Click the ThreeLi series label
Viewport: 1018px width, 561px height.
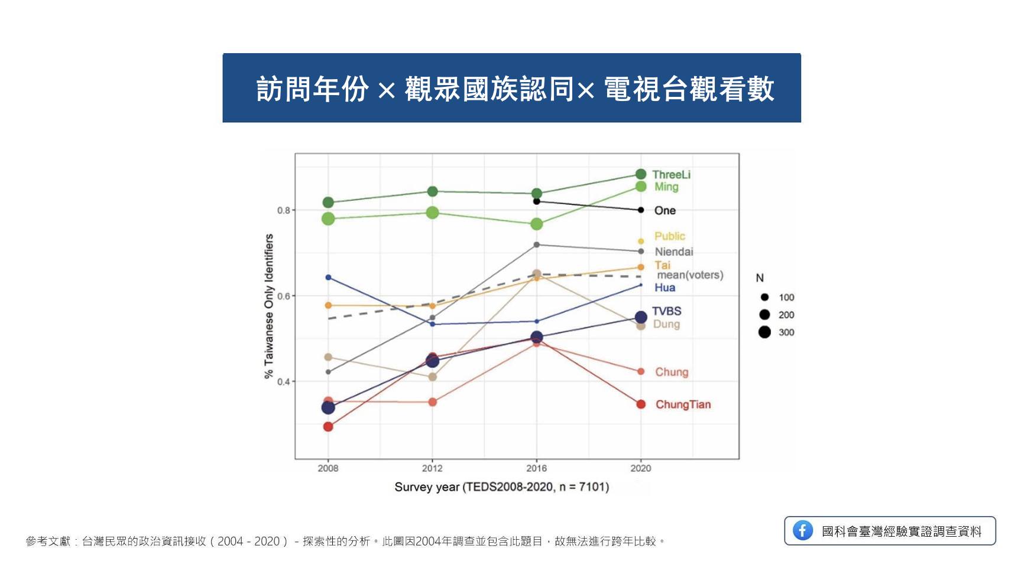pyautogui.click(x=671, y=174)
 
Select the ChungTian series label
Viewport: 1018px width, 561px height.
pyautogui.click(x=683, y=405)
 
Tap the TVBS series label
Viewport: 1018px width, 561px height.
pyautogui.click(x=666, y=311)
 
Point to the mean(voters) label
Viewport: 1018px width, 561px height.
pyautogui.click(x=690, y=275)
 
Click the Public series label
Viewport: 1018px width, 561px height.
pyautogui.click(x=669, y=236)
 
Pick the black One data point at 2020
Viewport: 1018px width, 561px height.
pyautogui.click(x=641, y=210)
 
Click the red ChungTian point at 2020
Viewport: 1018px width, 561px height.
pyautogui.click(x=641, y=405)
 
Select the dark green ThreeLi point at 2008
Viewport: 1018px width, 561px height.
pyautogui.click(x=328, y=203)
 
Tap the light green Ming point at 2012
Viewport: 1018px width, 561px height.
pyautogui.click(x=432, y=213)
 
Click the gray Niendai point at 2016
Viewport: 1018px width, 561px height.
pyautogui.click(x=537, y=244)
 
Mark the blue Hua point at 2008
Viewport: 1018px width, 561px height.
pyautogui.click(x=328, y=278)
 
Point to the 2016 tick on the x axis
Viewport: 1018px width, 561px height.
pyautogui.click(x=536, y=468)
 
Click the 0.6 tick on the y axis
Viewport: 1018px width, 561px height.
pyautogui.click(x=284, y=296)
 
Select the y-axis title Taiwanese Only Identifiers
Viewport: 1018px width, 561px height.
pyautogui.click(x=269, y=306)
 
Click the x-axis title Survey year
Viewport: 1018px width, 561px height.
pyautogui.click(x=501, y=487)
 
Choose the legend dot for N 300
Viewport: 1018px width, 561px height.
pyautogui.click(x=764, y=332)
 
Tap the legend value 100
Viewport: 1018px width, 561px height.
pyautogui.click(x=786, y=298)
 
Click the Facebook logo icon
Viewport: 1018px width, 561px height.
pyautogui.click(x=802, y=530)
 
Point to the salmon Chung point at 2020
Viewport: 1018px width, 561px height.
pyautogui.click(x=641, y=371)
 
